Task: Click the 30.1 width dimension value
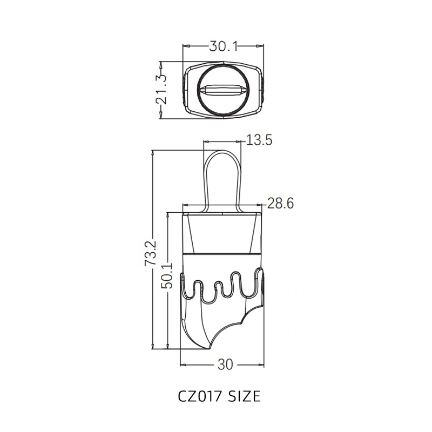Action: click(224, 47)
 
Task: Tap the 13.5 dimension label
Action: click(259, 140)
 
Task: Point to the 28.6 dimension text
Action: click(281, 204)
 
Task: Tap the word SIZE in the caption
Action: click(242, 397)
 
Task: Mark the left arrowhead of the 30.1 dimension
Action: click(185, 47)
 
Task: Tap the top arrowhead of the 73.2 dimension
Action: click(154, 153)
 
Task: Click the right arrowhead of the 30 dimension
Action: click(263, 364)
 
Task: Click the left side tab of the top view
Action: click(185, 90)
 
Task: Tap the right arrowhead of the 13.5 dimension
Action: click(240, 142)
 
